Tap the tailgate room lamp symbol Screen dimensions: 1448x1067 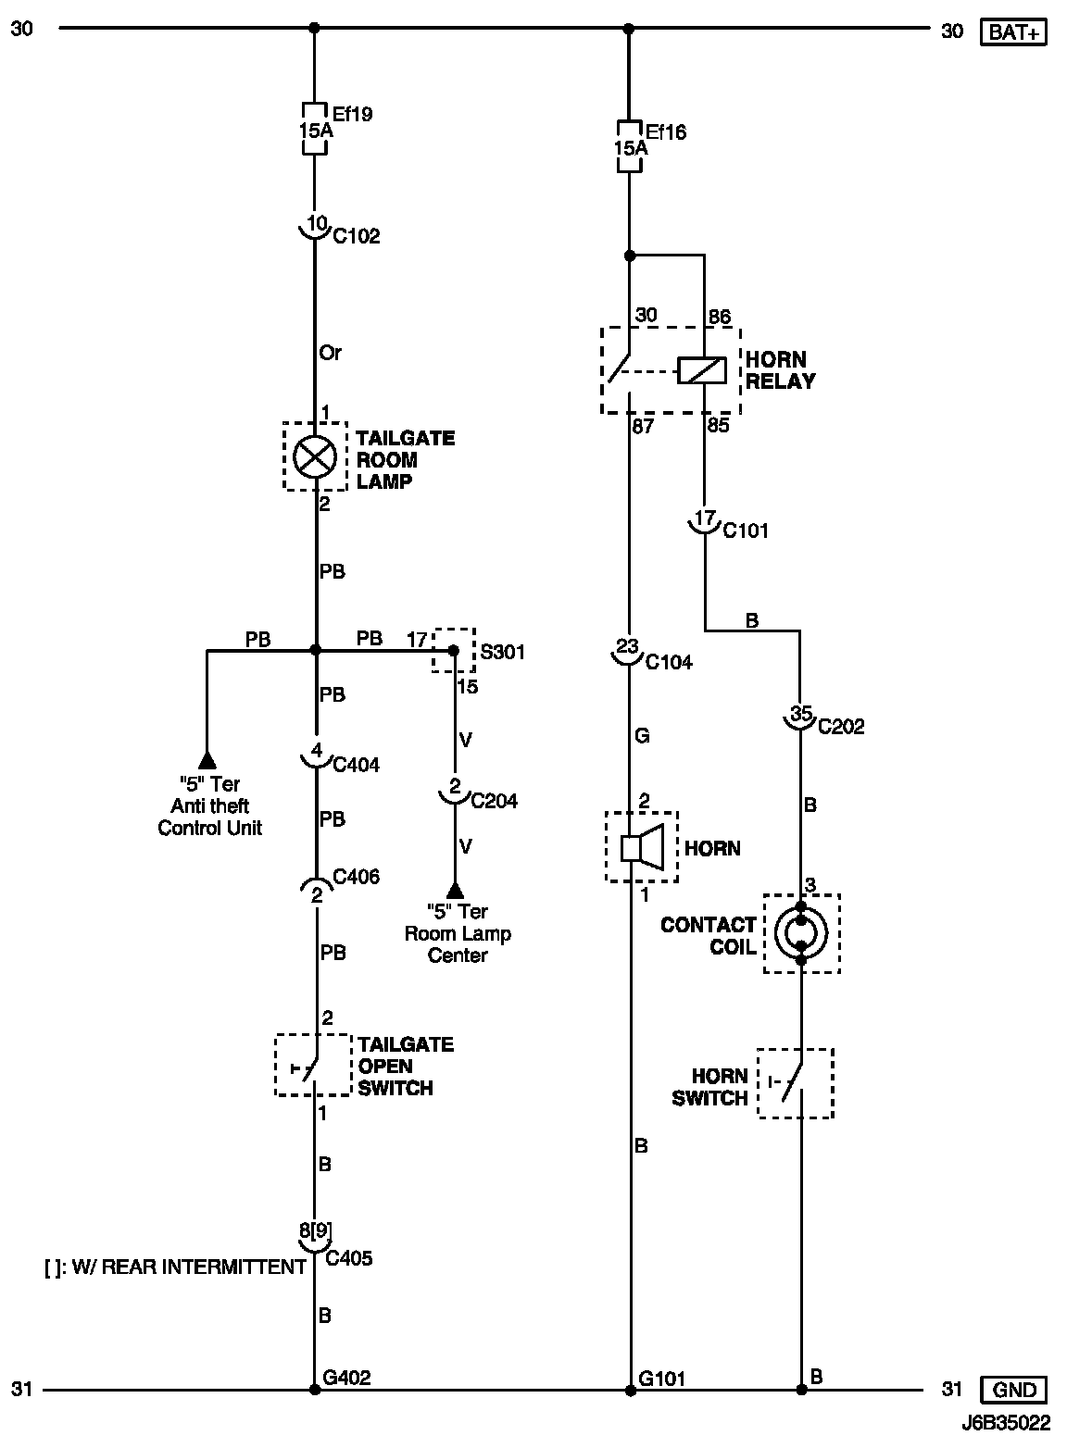click(x=315, y=456)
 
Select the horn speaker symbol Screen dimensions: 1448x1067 click(x=641, y=847)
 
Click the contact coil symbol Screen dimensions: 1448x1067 click(x=801, y=932)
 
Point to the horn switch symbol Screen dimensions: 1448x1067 click(x=795, y=1083)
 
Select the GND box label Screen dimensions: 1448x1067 click(x=1014, y=1390)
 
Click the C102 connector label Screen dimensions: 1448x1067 click(x=357, y=237)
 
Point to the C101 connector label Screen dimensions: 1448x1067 click(x=746, y=531)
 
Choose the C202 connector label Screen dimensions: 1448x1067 click(x=840, y=727)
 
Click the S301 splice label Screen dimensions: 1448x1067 click(x=502, y=653)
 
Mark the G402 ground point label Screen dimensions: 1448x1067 click(x=347, y=1378)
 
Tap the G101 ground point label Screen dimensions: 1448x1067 click(x=662, y=1378)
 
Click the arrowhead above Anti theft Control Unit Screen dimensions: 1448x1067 click(x=207, y=760)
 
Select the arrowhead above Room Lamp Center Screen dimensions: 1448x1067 click(x=454, y=890)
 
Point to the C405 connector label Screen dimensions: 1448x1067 click(x=350, y=1258)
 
